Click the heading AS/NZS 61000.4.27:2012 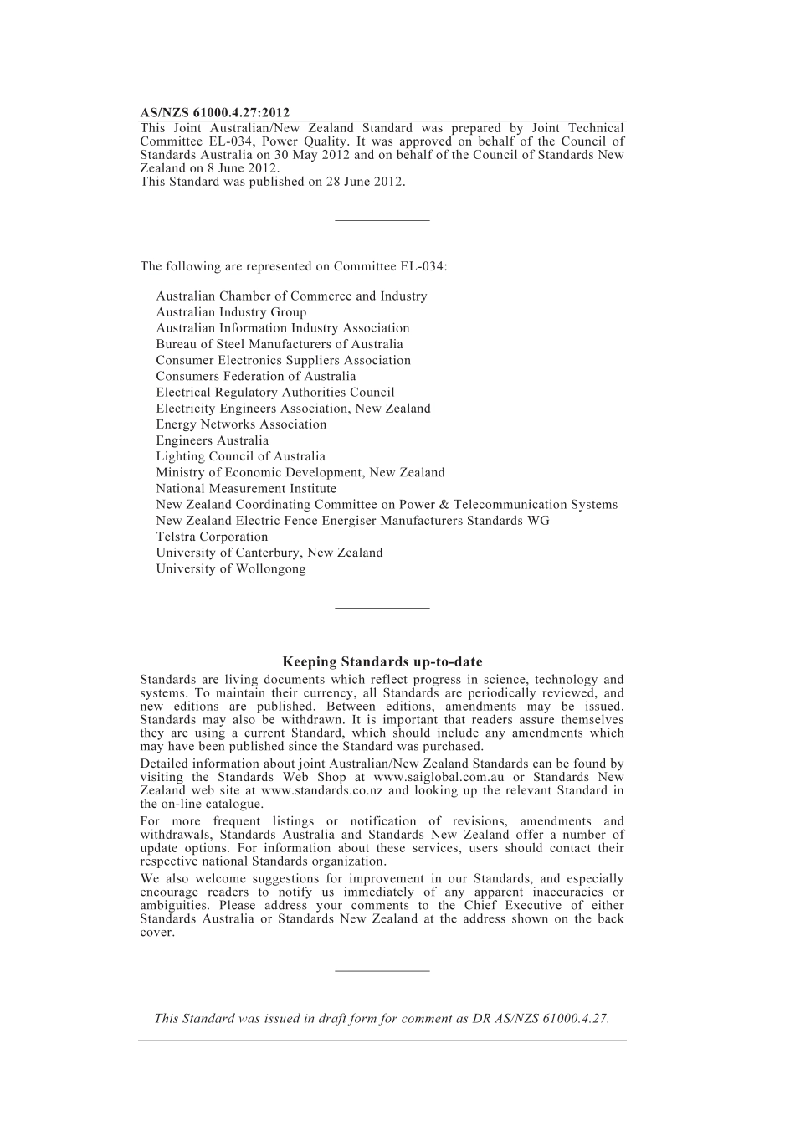tap(215, 112)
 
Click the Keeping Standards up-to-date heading tap(382, 661)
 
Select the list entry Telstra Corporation tap(212, 537)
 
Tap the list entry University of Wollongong tap(231, 568)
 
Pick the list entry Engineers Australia tap(213, 440)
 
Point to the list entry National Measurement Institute tap(246, 488)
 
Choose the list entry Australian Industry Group tap(231, 312)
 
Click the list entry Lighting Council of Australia tap(240, 456)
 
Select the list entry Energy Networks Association tap(241, 424)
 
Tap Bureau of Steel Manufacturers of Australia tap(280, 344)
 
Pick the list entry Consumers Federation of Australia tap(256, 376)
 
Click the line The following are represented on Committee tap(294, 266)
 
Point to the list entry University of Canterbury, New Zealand tap(269, 553)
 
